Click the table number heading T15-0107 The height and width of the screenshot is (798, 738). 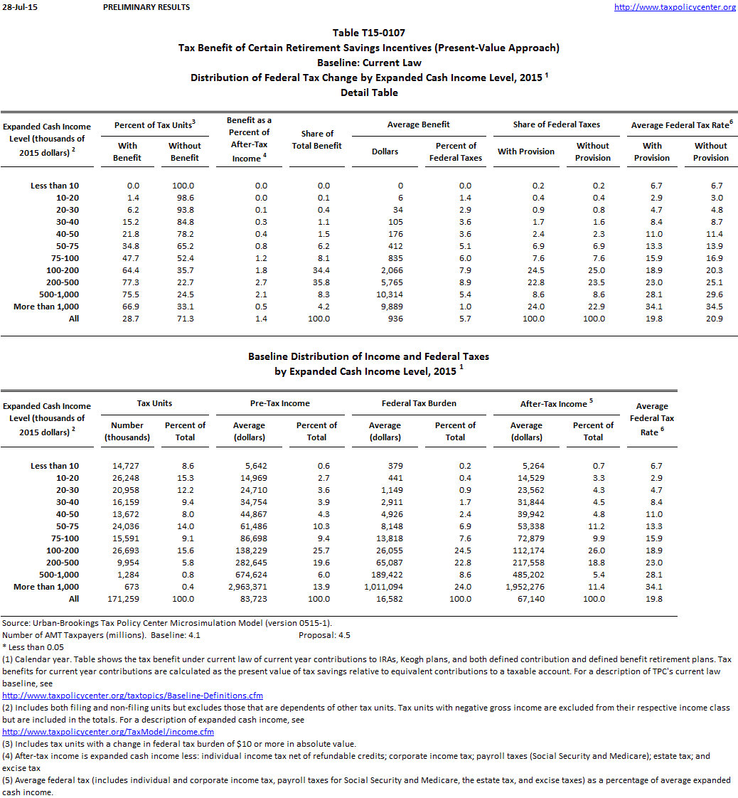(368, 33)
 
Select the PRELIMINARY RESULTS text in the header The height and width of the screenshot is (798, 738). (146, 7)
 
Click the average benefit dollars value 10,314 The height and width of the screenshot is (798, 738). (389, 294)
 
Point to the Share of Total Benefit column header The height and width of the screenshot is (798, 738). (317, 139)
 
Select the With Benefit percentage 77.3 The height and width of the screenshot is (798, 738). (128, 282)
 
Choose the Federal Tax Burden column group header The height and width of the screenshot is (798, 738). (419, 403)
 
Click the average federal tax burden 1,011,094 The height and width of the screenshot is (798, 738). (385, 587)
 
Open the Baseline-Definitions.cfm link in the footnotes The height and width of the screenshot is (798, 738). (133, 696)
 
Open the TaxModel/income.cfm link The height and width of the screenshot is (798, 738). (108, 732)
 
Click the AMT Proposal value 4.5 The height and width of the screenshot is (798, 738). (343, 635)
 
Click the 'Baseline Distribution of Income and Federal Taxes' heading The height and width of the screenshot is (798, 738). (368, 356)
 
